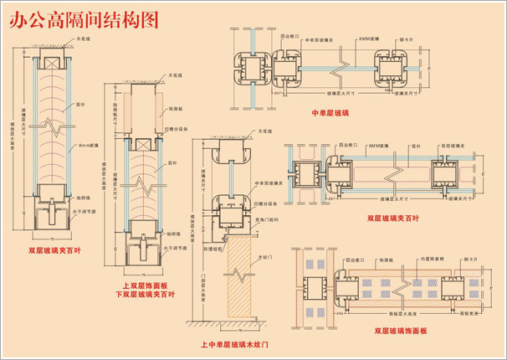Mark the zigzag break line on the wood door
(239, 273)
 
